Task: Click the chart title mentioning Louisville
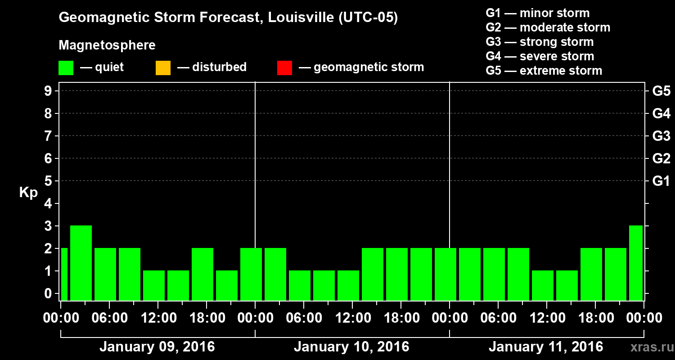(x=228, y=18)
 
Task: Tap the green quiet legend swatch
(x=66, y=68)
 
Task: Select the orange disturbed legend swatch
(x=163, y=68)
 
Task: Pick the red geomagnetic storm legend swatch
(x=284, y=68)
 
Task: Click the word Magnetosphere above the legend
(x=107, y=45)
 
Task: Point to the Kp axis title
(x=28, y=193)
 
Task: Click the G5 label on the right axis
(x=661, y=91)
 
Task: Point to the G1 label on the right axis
(x=661, y=181)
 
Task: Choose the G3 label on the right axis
(x=661, y=136)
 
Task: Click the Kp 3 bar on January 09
(x=81, y=263)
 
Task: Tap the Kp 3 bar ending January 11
(x=636, y=263)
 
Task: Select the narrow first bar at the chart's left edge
(x=64, y=274)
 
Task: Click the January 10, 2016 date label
(x=351, y=347)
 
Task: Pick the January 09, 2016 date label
(x=157, y=347)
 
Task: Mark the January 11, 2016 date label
(x=546, y=347)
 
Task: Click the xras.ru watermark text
(x=648, y=347)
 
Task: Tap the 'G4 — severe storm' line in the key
(x=540, y=56)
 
